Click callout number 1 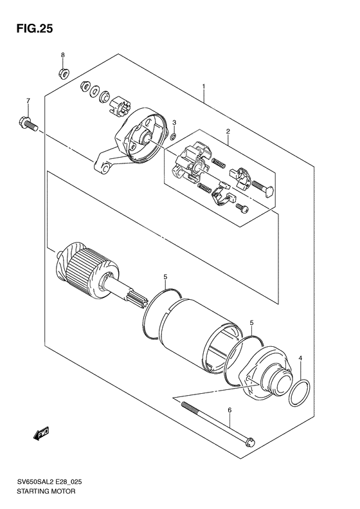(203, 86)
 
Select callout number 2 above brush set (227, 132)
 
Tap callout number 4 (300, 357)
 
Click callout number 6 (229, 410)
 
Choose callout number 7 (28, 101)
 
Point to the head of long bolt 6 (251, 442)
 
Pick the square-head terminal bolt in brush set (266, 189)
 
